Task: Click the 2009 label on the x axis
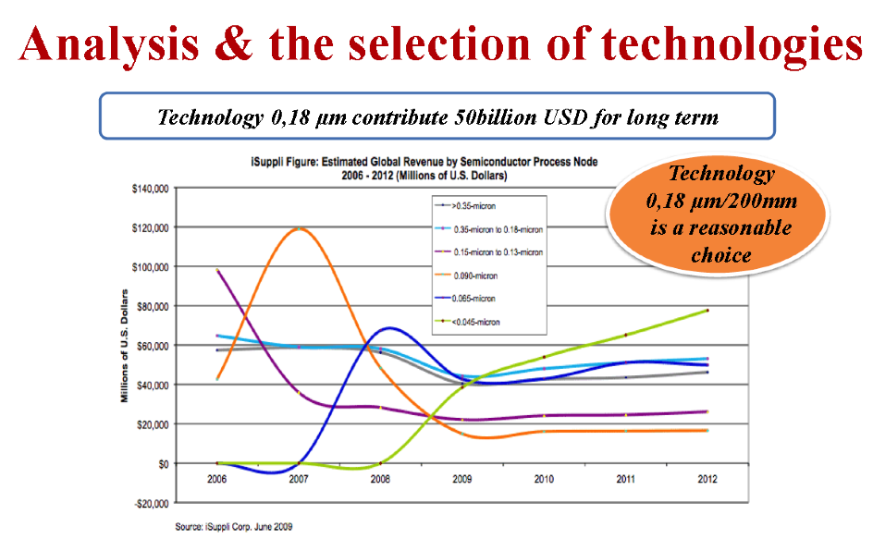(x=462, y=480)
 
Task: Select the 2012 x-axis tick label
(x=707, y=480)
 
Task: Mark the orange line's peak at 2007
(x=300, y=227)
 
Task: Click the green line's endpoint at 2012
(x=707, y=311)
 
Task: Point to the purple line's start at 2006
(x=216, y=270)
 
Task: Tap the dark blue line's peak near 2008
(x=389, y=327)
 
